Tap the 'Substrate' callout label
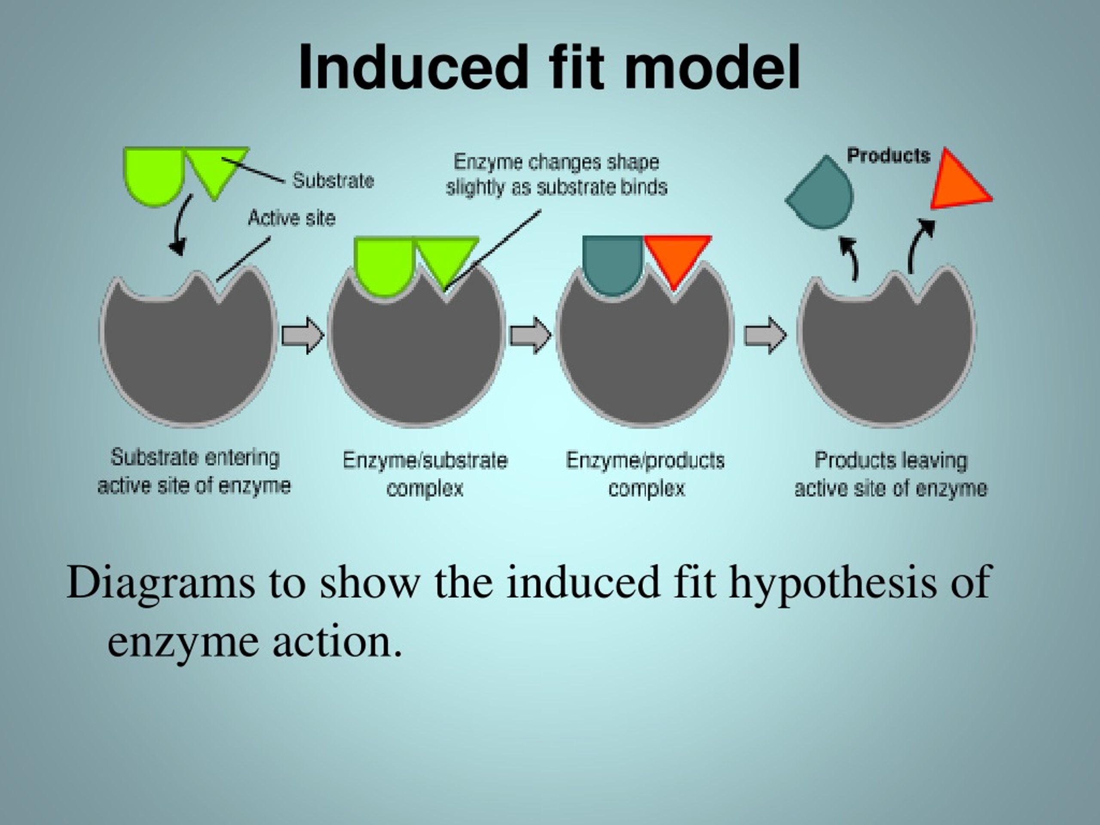pos(333,180)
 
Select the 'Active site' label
pos(291,218)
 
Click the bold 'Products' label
pos(888,156)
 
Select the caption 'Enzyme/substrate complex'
pos(425,474)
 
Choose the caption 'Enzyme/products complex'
pos(645,474)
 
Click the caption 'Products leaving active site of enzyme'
pos(890,474)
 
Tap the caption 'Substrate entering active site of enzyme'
pos(194,471)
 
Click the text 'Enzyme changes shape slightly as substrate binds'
pos(556,174)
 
